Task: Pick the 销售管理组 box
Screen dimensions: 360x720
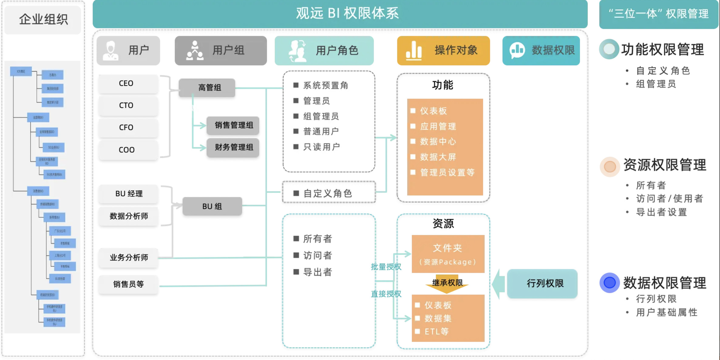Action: coord(233,125)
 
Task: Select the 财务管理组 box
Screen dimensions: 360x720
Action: coord(233,147)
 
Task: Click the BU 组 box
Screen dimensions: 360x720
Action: coord(212,206)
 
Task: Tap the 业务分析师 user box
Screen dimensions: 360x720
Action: coord(129,257)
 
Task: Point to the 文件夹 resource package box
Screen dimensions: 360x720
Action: coord(448,254)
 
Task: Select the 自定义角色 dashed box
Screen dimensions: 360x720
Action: coord(329,193)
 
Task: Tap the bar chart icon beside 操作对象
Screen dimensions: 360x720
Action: coord(414,50)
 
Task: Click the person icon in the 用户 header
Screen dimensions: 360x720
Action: coord(110,50)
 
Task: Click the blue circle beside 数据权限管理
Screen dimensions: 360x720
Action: coord(609,283)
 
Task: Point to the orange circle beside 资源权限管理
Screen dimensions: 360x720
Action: coord(610,166)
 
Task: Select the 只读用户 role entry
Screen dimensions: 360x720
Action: coord(321,147)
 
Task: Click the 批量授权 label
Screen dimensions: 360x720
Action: coord(386,267)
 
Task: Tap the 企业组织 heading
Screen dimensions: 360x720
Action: coord(43,19)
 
